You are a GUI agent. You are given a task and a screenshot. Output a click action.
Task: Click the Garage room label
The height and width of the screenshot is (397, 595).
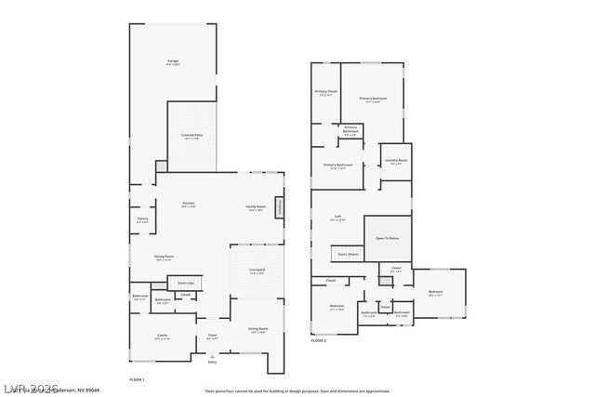tap(173, 61)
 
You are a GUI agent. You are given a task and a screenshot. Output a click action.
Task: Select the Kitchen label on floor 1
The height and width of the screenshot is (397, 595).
tap(188, 204)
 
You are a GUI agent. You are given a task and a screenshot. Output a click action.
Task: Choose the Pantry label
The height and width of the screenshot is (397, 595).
tap(142, 219)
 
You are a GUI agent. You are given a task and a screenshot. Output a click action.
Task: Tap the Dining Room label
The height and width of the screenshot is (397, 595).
tap(164, 258)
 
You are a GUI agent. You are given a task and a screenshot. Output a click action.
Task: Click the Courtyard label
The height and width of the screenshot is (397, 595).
tap(257, 271)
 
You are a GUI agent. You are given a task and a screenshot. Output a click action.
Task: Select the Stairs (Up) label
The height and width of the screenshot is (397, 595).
tap(185, 283)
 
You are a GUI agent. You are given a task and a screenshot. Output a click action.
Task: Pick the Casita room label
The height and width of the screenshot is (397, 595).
tap(162, 336)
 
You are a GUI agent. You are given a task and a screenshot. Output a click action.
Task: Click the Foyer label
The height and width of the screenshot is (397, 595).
tap(212, 336)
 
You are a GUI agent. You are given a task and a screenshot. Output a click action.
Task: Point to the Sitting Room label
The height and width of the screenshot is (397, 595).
tap(258, 329)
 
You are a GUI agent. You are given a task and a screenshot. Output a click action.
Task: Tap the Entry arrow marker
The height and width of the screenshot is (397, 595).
tap(212, 361)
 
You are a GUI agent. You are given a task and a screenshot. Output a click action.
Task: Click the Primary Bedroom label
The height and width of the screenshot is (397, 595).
tap(373, 98)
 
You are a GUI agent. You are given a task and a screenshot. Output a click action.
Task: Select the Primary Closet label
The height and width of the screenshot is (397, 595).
tap(326, 92)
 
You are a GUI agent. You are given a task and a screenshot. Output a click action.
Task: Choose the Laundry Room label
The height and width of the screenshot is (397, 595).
tap(397, 160)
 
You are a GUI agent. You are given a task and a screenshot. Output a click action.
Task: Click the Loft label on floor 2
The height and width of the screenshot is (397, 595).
tap(337, 218)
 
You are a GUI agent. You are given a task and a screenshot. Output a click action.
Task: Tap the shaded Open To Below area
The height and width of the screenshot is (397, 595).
tap(387, 239)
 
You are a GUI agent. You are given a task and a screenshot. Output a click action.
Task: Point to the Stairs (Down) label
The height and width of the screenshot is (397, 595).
tap(348, 253)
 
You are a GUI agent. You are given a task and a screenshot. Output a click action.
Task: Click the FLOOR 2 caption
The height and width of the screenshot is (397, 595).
tap(320, 342)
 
